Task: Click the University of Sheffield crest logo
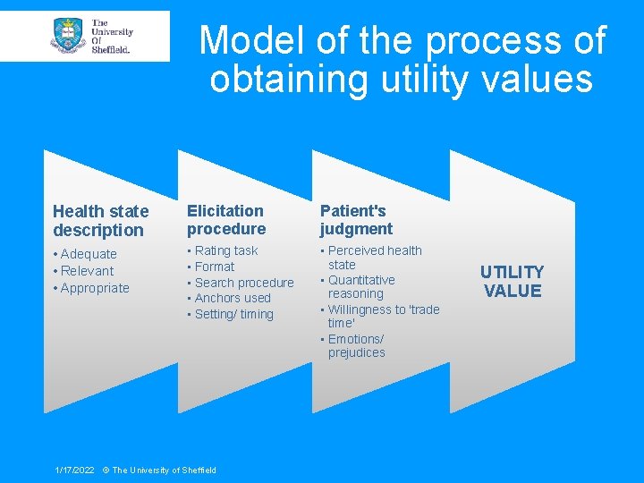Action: click(x=69, y=36)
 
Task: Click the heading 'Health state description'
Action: click(x=100, y=221)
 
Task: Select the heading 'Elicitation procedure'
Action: click(x=225, y=220)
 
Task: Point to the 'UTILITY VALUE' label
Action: click(x=512, y=282)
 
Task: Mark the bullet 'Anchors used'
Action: click(x=232, y=298)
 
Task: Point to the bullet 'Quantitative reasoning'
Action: click(x=360, y=286)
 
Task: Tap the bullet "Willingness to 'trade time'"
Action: click(x=383, y=316)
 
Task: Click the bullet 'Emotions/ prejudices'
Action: click(x=356, y=345)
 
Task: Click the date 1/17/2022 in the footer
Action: click(x=74, y=470)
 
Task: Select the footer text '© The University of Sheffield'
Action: click(x=159, y=470)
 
